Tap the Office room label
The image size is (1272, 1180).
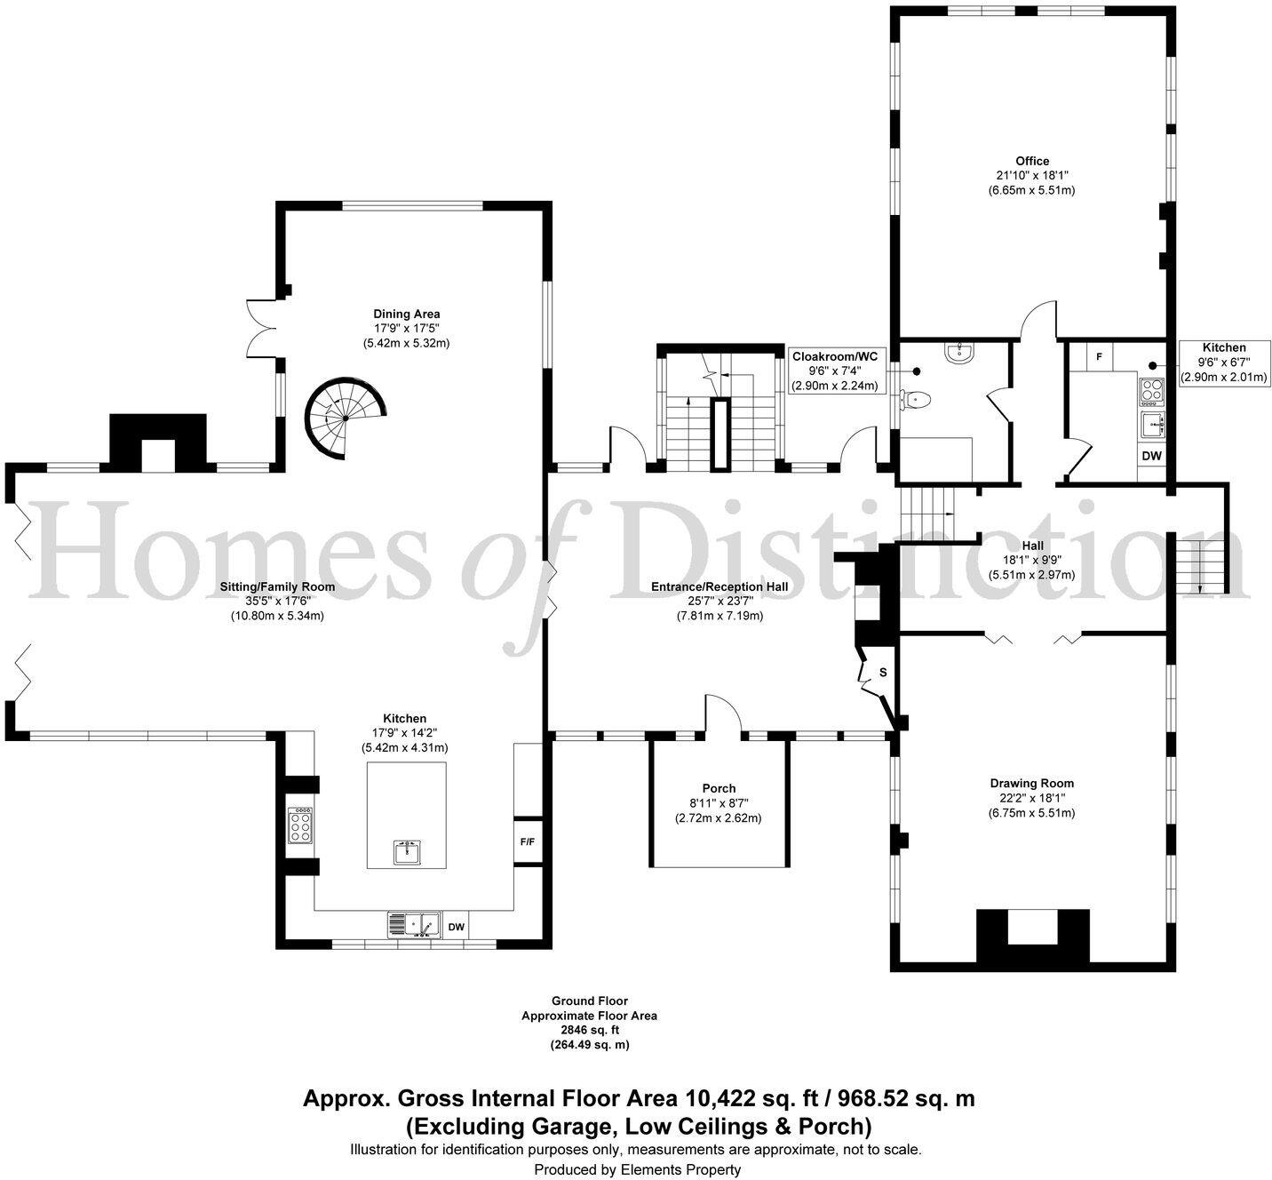[x=1032, y=161]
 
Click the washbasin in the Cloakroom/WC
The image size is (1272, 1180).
[x=959, y=352]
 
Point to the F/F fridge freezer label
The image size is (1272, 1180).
[x=527, y=841]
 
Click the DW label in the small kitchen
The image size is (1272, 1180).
[x=1151, y=456]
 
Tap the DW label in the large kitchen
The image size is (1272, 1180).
[x=456, y=927]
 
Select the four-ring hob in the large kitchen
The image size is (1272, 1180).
[x=300, y=825]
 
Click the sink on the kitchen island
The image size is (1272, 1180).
[x=407, y=852]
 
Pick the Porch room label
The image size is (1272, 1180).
[x=719, y=788]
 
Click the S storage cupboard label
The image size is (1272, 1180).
[x=883, y=673]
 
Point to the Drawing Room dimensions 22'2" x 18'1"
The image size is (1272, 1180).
[x=1032, y=798]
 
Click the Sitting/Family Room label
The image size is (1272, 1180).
[x=277, y=586]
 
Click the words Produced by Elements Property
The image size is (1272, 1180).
[x=637, y=1169]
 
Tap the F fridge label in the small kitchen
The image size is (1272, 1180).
[x=1099, y=357]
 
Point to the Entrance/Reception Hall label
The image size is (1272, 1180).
[x=719, y=586]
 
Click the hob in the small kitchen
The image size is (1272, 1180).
[x=1151, y=392]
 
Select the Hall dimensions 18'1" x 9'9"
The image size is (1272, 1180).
[x=1032, y=560]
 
